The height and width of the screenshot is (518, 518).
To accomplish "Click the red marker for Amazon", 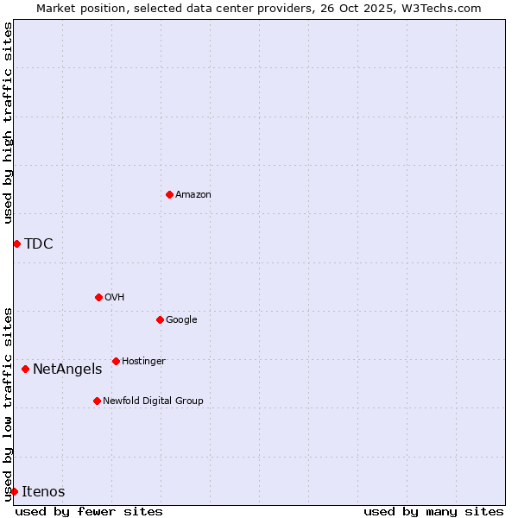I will coord(169,194).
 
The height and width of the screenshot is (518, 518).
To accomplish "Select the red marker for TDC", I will coord(16,243).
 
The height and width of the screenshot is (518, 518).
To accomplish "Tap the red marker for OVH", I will coord(98,297).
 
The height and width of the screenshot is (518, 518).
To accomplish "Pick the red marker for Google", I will coord(160,319).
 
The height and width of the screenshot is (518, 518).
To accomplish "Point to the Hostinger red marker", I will coord(116,361).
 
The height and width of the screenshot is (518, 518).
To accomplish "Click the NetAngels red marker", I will coord(25,369).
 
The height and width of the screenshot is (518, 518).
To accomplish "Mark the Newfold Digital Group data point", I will coord(97,401).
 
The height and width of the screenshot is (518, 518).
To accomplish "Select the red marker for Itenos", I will coord(14,491).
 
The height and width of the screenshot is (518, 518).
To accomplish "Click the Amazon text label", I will coord(193,194).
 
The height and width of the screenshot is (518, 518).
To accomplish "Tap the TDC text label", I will coord(39,243).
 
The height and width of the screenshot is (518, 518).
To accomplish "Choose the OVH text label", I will coord(115,297).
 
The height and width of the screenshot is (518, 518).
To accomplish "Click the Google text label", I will coord(181,319).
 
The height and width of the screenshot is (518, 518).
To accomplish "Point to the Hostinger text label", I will coord(143,361).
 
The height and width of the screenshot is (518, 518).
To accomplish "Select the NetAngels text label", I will coord(67,369).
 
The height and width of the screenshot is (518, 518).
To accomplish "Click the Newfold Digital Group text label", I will coord(153,401).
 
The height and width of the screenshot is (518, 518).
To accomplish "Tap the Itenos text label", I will coord(43,491).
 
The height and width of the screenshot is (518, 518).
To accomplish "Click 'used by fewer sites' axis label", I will coord(89,511).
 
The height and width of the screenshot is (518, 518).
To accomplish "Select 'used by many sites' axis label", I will coord(433,511).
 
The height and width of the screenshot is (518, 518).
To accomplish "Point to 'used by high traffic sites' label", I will coord(8,123).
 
